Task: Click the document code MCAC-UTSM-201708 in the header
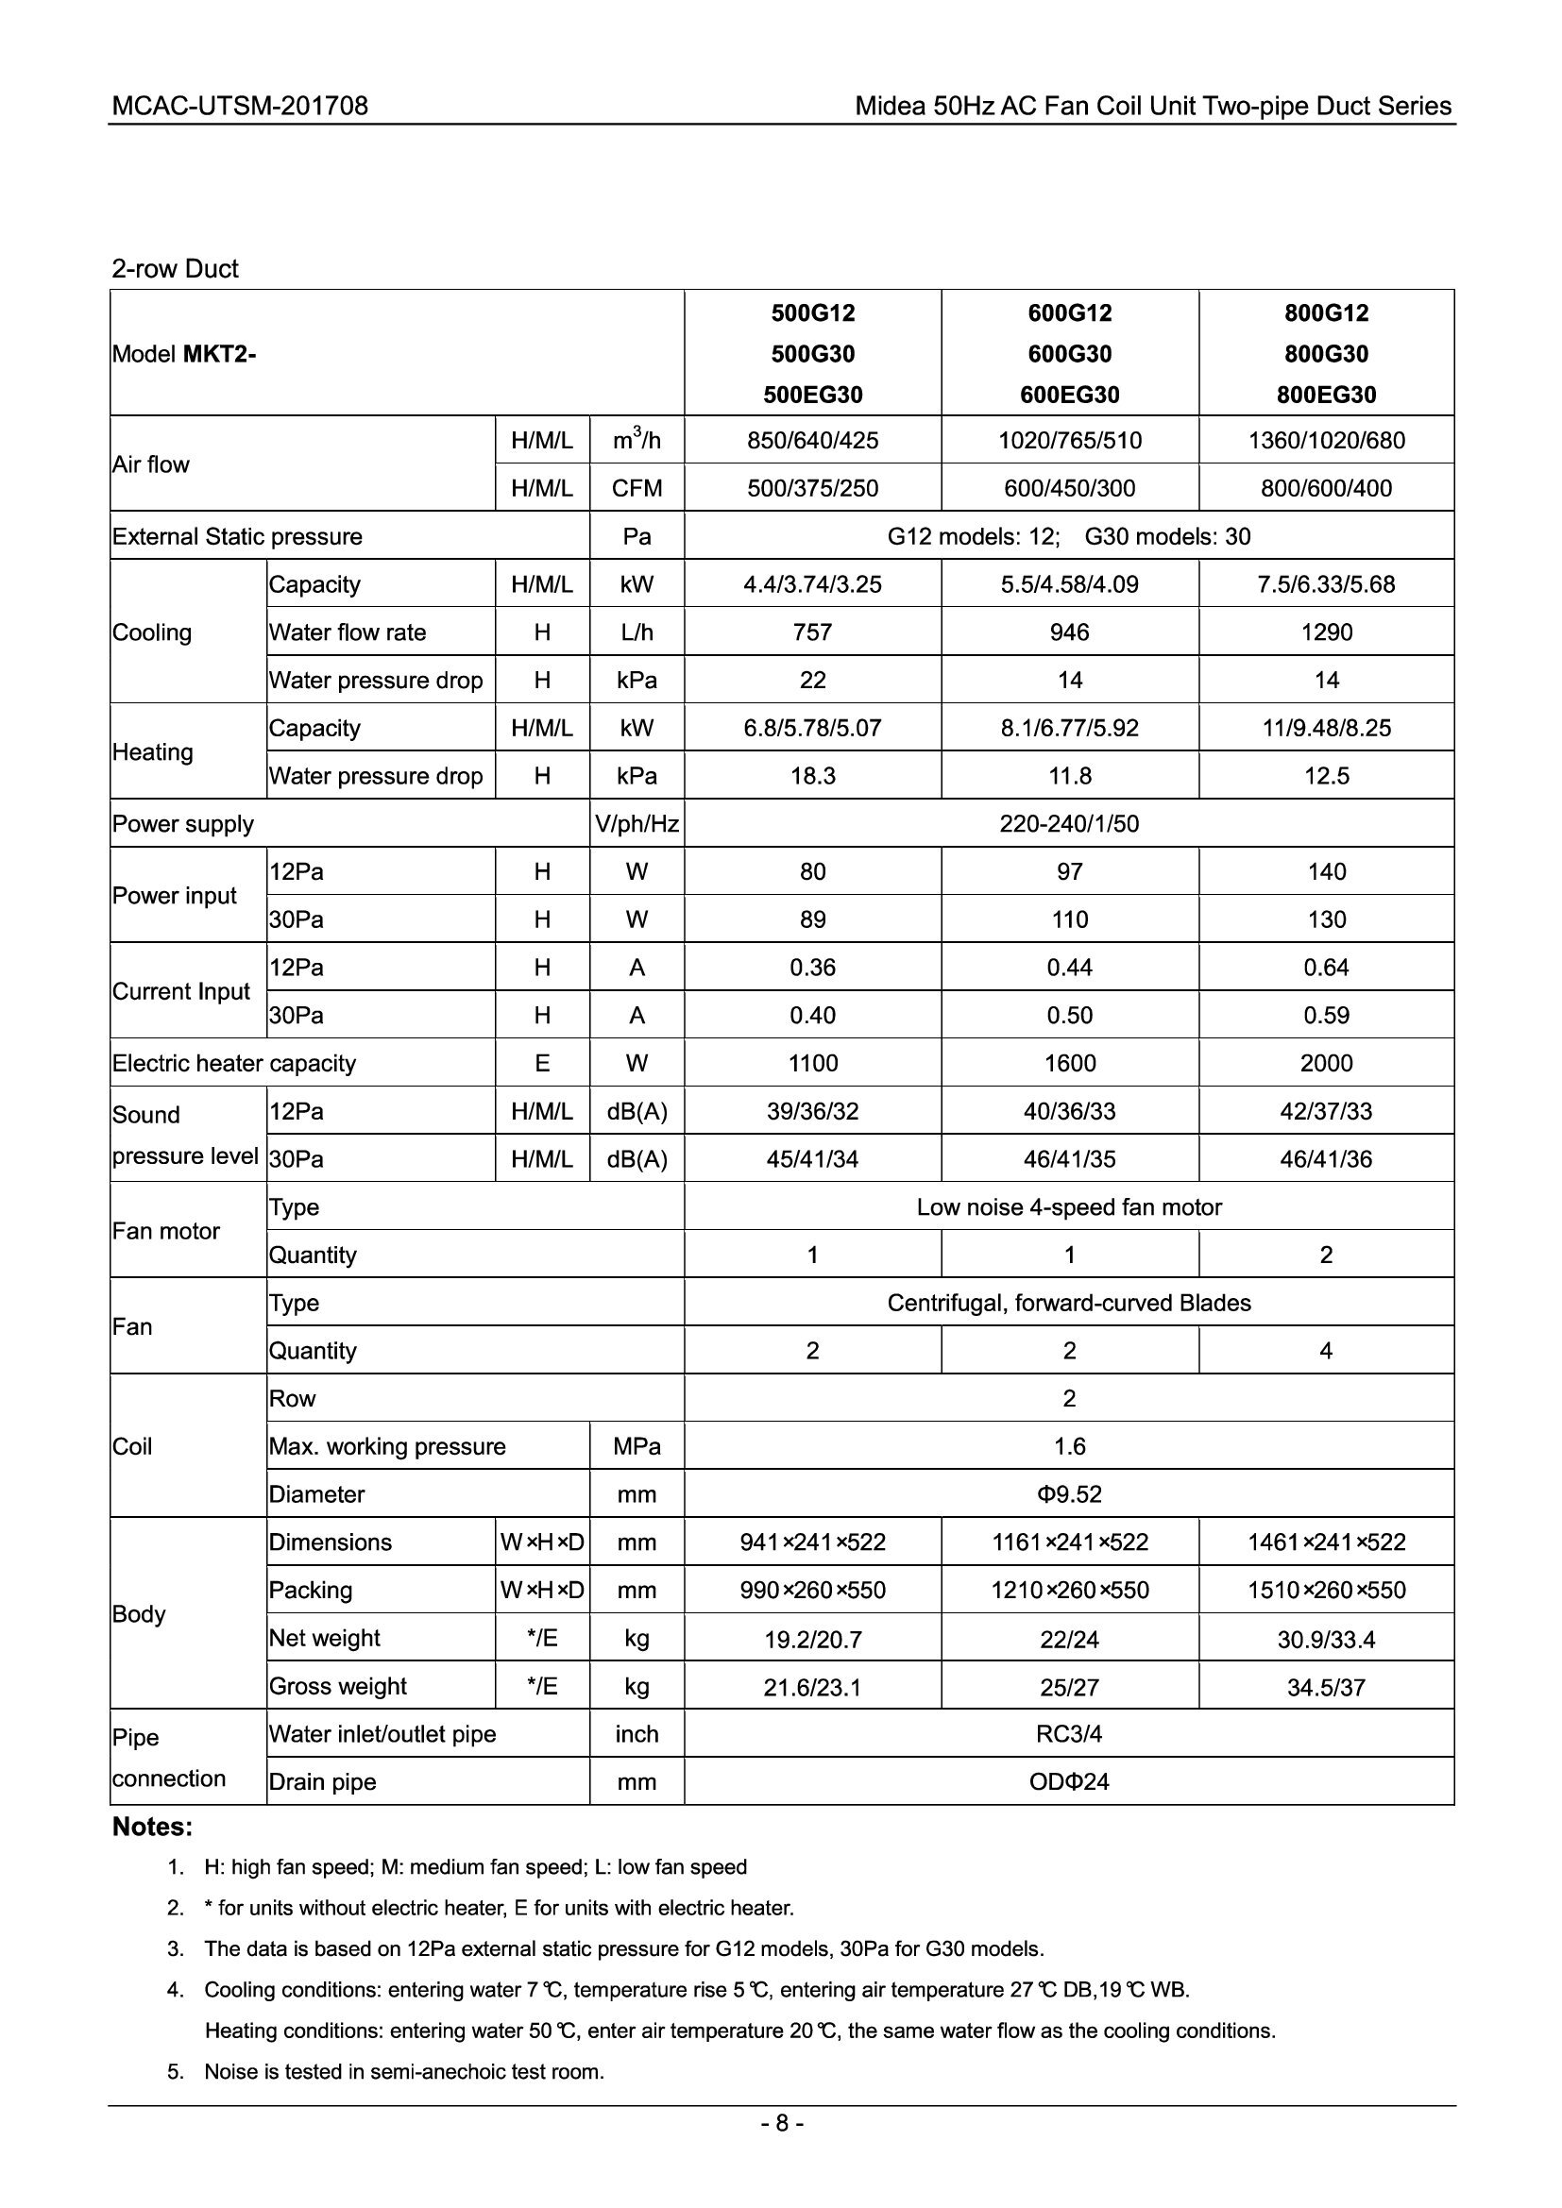(x=240, y=106)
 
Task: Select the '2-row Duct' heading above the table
(x=174, y=268)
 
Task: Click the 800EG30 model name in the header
(x=1325, y=395)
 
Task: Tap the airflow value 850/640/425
(x=813, y=441)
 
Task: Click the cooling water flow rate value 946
(x=1070, y=632)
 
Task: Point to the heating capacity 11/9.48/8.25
(x=1325, y=728)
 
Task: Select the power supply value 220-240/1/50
(x=1069, y=824)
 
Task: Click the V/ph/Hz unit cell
(x=637, y=824)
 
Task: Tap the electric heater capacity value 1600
(x=1070, y=1064)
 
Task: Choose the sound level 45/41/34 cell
(x=813, y=1159)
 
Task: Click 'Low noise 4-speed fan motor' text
(x=1069, y=1207)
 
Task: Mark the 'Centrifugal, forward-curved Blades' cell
(x=1069, y=1303)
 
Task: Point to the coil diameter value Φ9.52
(x=1069, y=1494)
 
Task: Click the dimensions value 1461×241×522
(x=1325, y=1542)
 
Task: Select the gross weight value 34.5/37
(x=1325, y=1687)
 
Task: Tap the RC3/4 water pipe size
(x=1069, y=1734)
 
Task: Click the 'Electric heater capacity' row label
(x=233, y=1064)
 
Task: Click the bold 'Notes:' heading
(x=153, y=1827)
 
